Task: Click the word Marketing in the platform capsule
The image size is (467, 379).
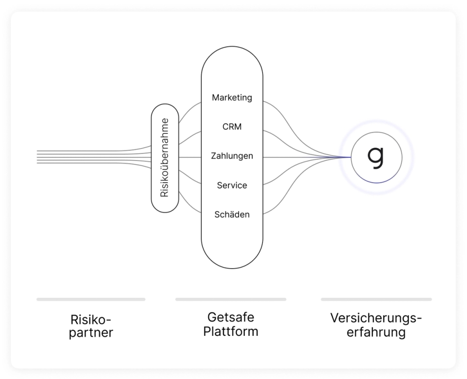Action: point(232,98)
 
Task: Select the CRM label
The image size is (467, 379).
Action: point(232,127)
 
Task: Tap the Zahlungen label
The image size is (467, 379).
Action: point(232,156)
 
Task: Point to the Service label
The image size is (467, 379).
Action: point(232,185)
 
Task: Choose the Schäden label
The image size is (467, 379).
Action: point(232,215)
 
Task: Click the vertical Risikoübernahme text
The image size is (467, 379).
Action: point(165,158)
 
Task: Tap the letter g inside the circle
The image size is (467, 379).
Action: point(376,156)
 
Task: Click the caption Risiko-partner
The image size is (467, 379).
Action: point(91,325)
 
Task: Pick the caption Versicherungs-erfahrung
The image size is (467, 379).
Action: point(376,325)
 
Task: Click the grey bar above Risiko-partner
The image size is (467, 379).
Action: point(91,299)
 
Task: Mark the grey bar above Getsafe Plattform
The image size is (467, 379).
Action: point(231,299)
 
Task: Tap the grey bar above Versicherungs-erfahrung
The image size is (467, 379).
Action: point(376,299)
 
